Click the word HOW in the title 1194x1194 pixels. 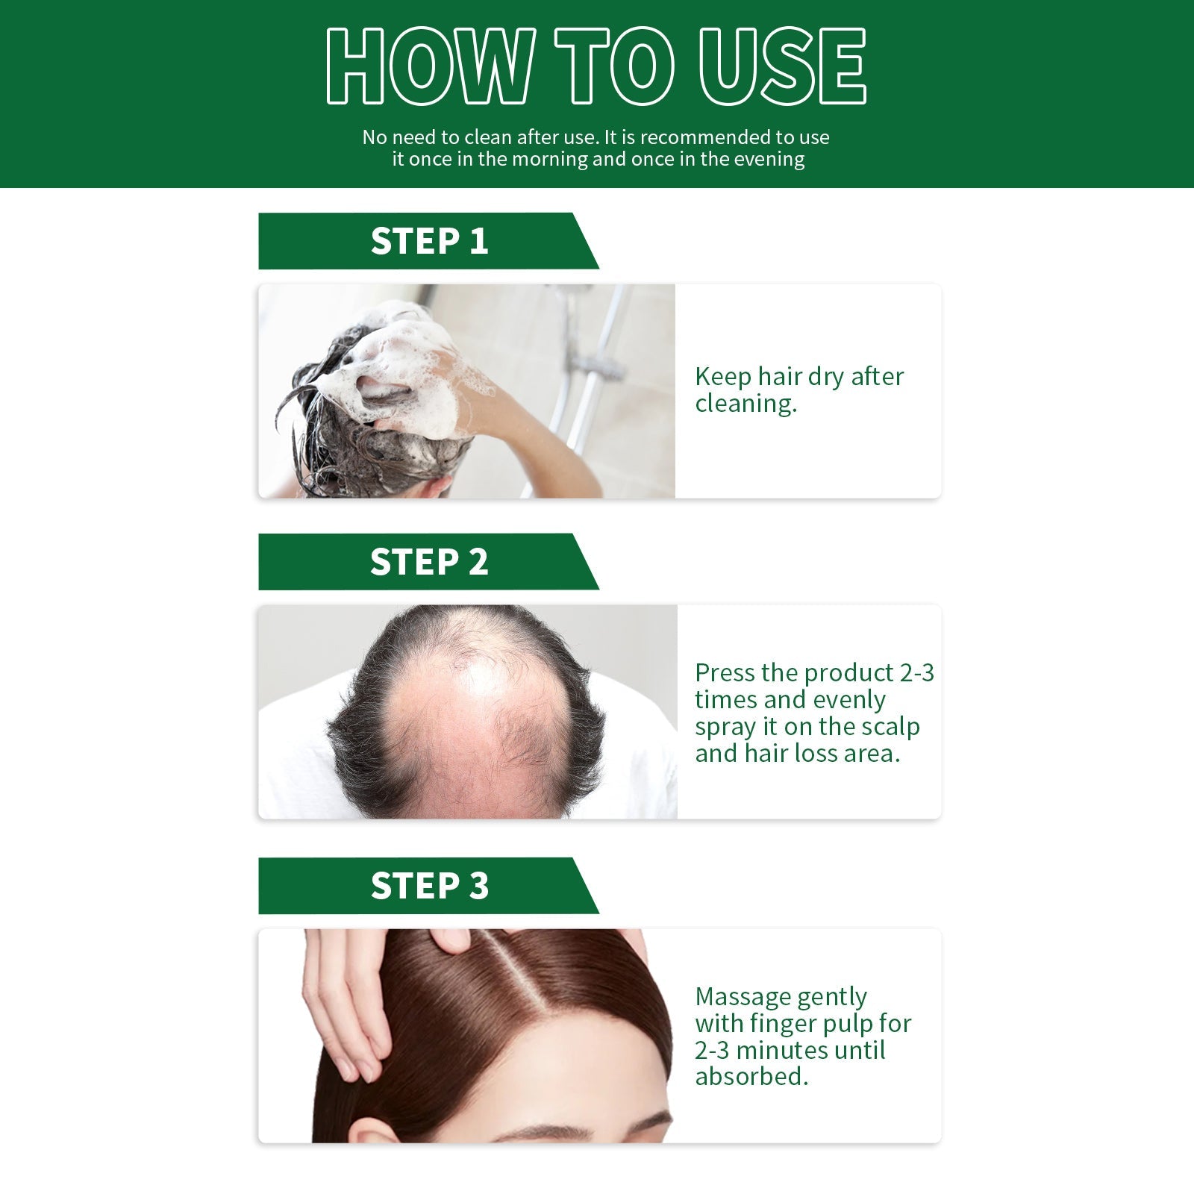(429, 67)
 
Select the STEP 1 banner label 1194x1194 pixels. (429, 241)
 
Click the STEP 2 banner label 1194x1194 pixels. (429, 562)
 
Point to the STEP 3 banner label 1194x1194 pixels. (429, 886)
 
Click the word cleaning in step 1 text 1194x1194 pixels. (745, 404)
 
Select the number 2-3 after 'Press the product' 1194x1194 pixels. (916, 673)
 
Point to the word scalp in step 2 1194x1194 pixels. (891, 727)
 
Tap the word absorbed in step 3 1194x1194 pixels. (750, 1076)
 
